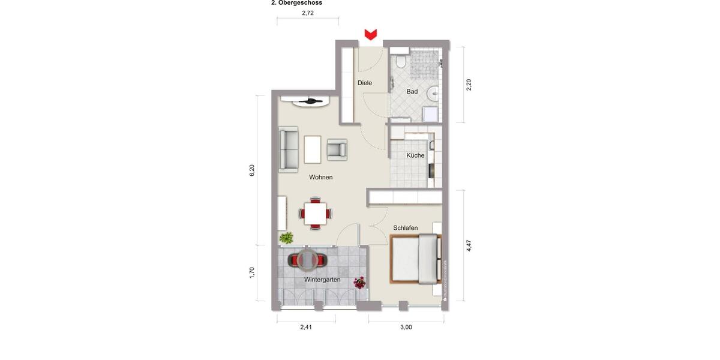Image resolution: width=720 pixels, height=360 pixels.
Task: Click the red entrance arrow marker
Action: (371, 34)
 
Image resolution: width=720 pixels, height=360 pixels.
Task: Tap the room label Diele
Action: (365, 83)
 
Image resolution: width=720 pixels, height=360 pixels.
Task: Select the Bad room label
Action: (412, 92)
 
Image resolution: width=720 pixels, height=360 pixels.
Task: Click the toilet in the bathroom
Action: (401, 61)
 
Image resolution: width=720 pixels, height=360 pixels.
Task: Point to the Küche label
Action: (415, 155)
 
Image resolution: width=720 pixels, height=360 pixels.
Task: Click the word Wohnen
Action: (321, 177)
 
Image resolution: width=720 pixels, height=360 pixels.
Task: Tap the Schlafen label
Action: (406, 228)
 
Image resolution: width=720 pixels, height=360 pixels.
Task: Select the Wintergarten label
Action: (322, 280)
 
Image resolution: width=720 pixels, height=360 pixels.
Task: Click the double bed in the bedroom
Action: (415, 259)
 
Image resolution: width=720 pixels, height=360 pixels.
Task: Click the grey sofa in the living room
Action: (289, 149)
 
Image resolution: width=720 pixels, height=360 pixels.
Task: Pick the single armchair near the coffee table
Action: (337, 149)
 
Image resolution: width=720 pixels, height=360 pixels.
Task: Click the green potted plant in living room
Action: (286, 238)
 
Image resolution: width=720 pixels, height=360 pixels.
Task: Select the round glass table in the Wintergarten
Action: (308, 260)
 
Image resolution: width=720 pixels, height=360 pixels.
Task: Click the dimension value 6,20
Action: (253, 170)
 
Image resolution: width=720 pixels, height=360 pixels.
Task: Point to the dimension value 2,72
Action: (308, 13)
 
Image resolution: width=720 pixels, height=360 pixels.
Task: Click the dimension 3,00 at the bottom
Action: (406, 327)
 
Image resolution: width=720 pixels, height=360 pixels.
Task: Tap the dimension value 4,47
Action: (469, 245)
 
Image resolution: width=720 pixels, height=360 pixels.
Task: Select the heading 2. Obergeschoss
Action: (296, 3)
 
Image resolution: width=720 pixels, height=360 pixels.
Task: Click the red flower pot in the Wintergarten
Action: (360, 282)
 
